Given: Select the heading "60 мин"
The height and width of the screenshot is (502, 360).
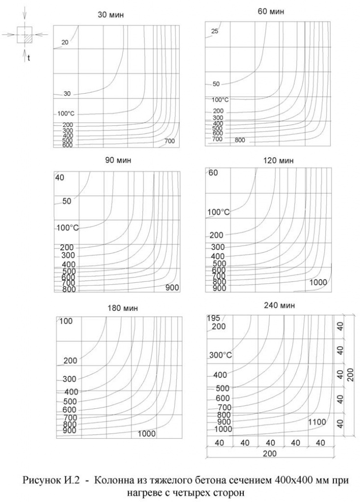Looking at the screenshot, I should [270, 11].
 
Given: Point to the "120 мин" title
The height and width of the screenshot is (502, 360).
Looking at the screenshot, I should [268, 160].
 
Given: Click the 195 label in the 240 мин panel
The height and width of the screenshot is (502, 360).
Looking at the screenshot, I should [213, 318].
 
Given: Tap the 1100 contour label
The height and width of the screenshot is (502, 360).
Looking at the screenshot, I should [317, 422].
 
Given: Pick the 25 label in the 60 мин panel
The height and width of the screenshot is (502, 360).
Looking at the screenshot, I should [214, 31].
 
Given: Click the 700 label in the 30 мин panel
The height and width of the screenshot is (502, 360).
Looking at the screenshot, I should [170, 142].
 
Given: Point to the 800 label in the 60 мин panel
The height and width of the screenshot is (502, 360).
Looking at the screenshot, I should [240, 140].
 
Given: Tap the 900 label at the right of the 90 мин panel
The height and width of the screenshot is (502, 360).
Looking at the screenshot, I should [172, 287].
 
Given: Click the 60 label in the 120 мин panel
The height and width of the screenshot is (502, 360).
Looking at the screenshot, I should [213, 173].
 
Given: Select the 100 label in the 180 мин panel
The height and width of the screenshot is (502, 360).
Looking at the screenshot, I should [66, 321].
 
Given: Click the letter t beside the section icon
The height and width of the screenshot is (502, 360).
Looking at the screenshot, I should [29, 58].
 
